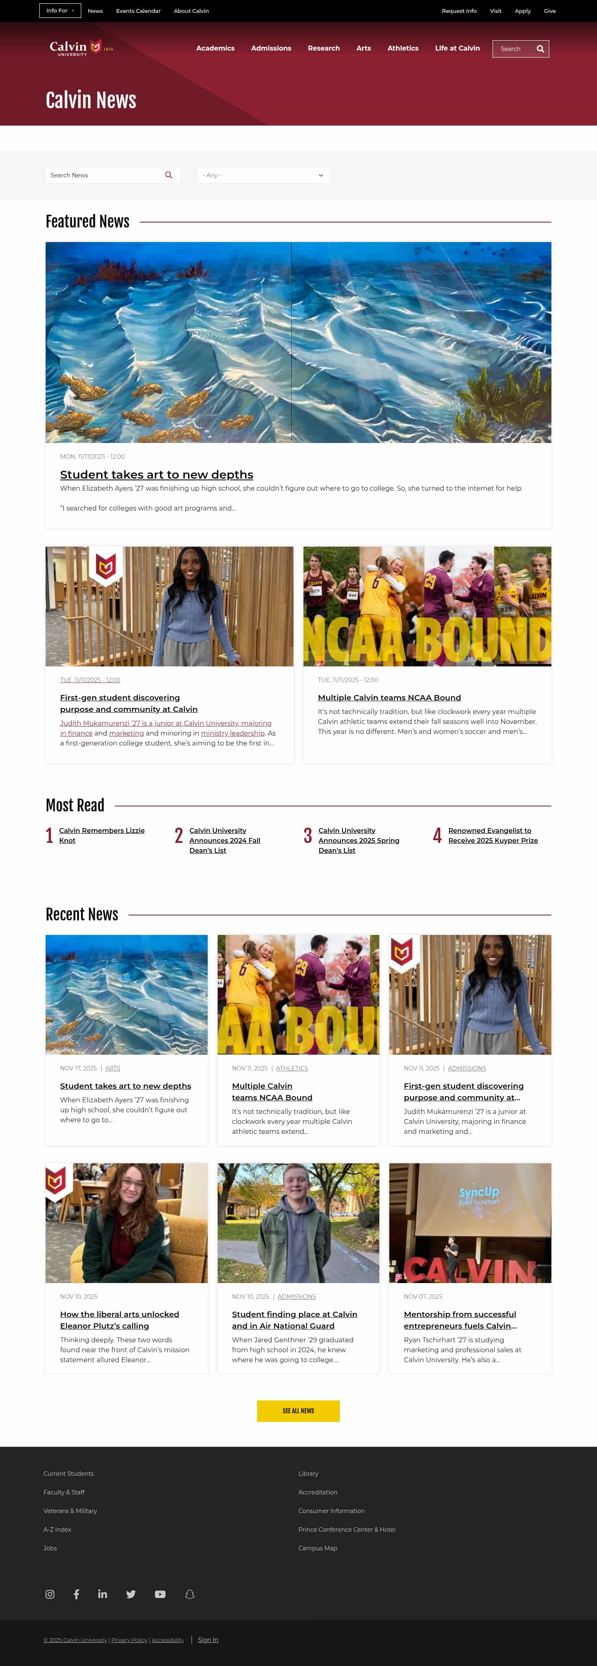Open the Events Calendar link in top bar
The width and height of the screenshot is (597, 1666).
click(x=138, y=11)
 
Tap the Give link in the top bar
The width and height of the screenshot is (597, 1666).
click(x=549, y=11)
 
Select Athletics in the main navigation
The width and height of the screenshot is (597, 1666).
click(x=402, y=48)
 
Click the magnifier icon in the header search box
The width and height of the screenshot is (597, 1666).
click(x=540, y=49)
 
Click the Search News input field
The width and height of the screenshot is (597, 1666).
click(x=104, y=175)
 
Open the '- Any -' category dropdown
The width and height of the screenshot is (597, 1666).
click(x=262, y=175)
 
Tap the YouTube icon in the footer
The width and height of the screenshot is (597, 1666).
click(x=160, y=1594)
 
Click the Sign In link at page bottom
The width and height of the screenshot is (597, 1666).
click(x=208, y=1639)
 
